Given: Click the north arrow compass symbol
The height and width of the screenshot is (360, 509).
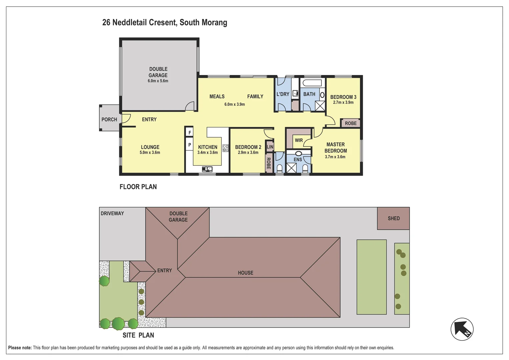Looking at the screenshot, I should coord(462,329).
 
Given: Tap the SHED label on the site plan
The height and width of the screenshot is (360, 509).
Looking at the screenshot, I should coord(393,218).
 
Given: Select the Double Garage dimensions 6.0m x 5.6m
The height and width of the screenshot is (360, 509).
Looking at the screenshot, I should coord(158,81).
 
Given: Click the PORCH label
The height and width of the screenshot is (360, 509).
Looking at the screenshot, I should coord(109,119).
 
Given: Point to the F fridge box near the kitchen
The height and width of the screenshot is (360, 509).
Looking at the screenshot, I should coord(190,132).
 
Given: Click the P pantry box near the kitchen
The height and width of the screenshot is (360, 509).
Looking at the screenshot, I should coord(190,145).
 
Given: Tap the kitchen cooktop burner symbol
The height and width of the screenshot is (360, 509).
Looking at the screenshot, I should coord(226,148).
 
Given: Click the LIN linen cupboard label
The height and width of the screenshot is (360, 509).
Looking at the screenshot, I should coord(270,147).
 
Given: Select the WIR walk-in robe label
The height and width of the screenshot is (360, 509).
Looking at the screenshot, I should coord(299,140).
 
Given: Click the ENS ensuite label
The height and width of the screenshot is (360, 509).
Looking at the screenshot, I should coord(298,160).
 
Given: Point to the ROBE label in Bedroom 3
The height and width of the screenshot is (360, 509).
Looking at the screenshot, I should coord(350,123).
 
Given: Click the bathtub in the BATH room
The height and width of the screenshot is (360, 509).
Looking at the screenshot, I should coord(312,83).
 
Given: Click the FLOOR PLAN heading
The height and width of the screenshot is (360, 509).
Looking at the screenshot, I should coord(138,187).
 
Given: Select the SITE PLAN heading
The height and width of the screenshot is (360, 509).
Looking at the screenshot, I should coord(138,335).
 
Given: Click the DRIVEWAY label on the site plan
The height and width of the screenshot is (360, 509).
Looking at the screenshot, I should coord(112,213).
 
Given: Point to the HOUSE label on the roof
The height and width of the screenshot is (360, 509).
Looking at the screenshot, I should coord(246,273).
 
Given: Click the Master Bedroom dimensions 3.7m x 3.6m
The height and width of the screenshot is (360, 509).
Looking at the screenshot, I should coord(335,157).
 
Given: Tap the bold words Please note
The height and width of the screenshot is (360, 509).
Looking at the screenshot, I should coord(20,348).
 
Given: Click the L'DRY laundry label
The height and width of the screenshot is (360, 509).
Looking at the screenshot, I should coord(283,94).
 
